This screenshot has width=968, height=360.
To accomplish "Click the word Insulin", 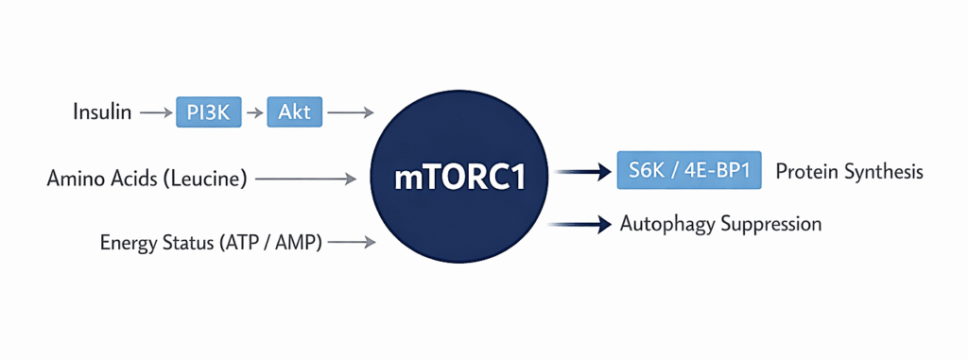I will pos(102,112).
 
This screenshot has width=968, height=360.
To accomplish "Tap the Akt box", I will pos(295,112).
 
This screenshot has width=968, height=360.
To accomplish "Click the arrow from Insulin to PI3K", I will pos(155,112).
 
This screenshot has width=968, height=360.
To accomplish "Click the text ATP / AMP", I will pos(271,243).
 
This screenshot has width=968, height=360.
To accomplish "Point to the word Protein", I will pos(805,172).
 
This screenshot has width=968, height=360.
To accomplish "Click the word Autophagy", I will pos(665,224).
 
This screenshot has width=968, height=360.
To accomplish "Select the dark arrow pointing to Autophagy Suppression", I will pos(582,224).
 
